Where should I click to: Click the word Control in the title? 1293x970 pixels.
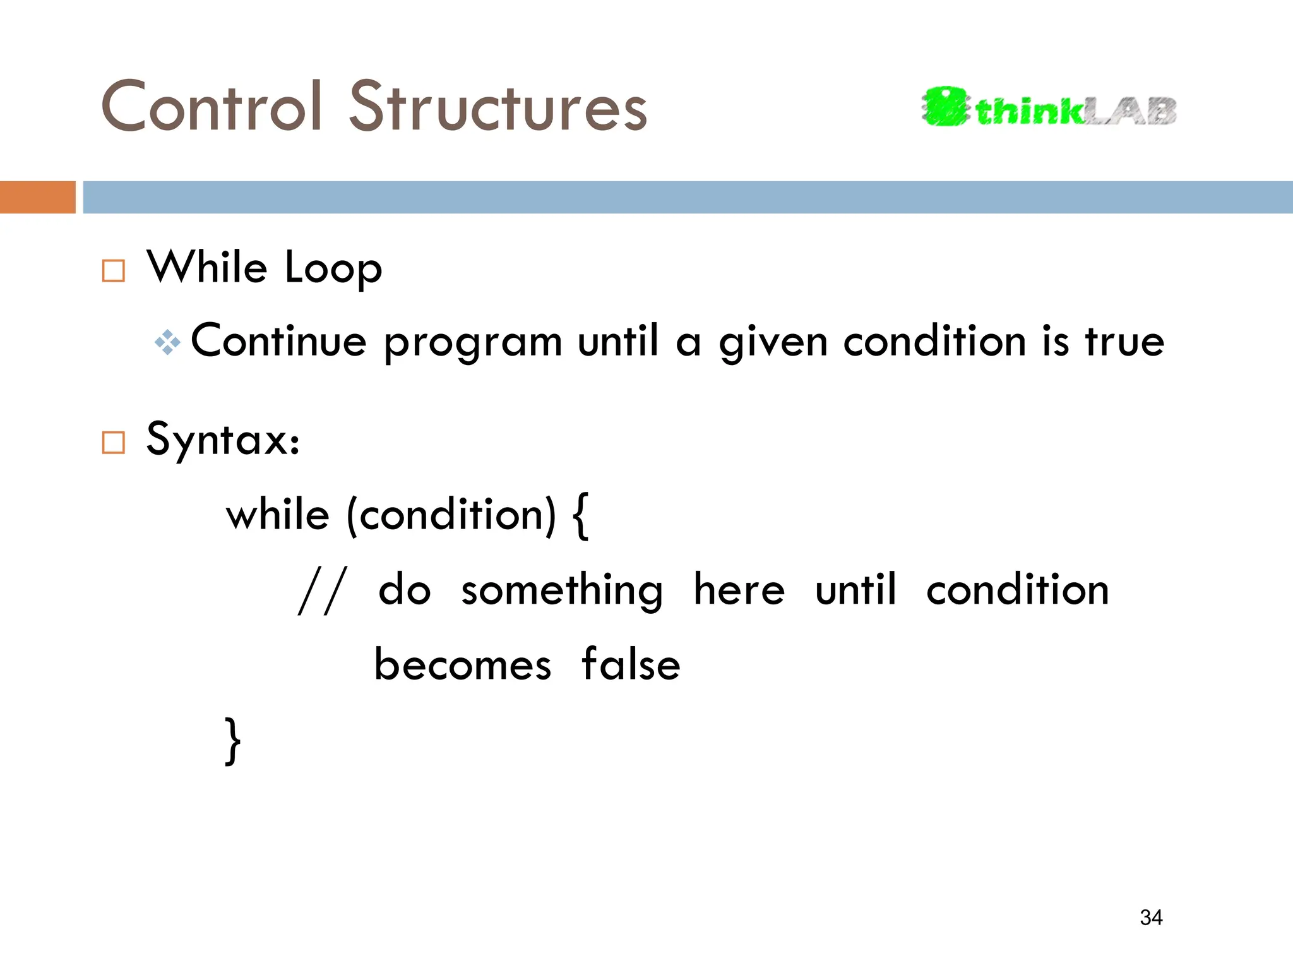(x=212, y=107)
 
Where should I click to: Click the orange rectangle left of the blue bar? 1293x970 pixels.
(x=37, y=197)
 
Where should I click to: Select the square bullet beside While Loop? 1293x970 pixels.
(x=114, y=271)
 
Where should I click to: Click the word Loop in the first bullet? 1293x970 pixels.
(x=333, y=269)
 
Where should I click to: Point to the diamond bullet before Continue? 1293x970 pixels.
(x=167, y=343)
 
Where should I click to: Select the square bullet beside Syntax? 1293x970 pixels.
(x=114, y=443)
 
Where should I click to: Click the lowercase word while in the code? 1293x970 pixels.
(x=278, y=515)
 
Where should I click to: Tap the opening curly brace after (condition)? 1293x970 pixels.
(x=581, y=517)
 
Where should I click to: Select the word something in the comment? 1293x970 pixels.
(x=561, y=591)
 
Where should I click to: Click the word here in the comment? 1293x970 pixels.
(x=739, y=590)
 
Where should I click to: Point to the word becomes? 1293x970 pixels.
(x=463, y=666)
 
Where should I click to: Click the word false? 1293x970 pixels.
(x=630, y=664)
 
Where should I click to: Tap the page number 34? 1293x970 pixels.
(x=1151, y=917)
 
